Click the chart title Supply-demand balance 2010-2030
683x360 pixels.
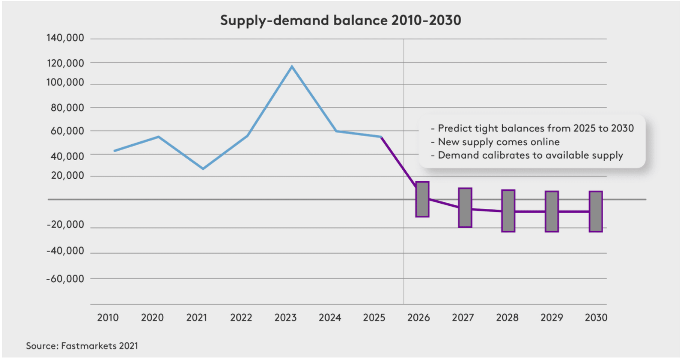click(x=340, y=22)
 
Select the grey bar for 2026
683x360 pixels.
click(x=422, y=199)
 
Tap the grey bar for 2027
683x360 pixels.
click(x=465, y=207)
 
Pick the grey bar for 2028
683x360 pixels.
click(x=508, y=211)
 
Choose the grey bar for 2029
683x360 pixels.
click(x=552, y=211)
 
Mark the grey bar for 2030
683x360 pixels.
click(x=596, y=211)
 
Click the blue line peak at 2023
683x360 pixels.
click(x=292, y=66)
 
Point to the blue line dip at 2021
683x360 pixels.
click(x=203, y=169)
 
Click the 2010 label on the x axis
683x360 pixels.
click(x=108, y=318)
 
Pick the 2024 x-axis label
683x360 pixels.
click(x=330, y=318)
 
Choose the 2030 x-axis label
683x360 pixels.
click(x=596, y=318)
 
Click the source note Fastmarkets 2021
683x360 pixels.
click(x=82, y=346)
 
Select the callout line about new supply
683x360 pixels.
click(x=495, y=142)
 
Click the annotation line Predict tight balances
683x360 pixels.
click(x=532, y=128)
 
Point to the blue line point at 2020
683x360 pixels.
click(x=158, y=137)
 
